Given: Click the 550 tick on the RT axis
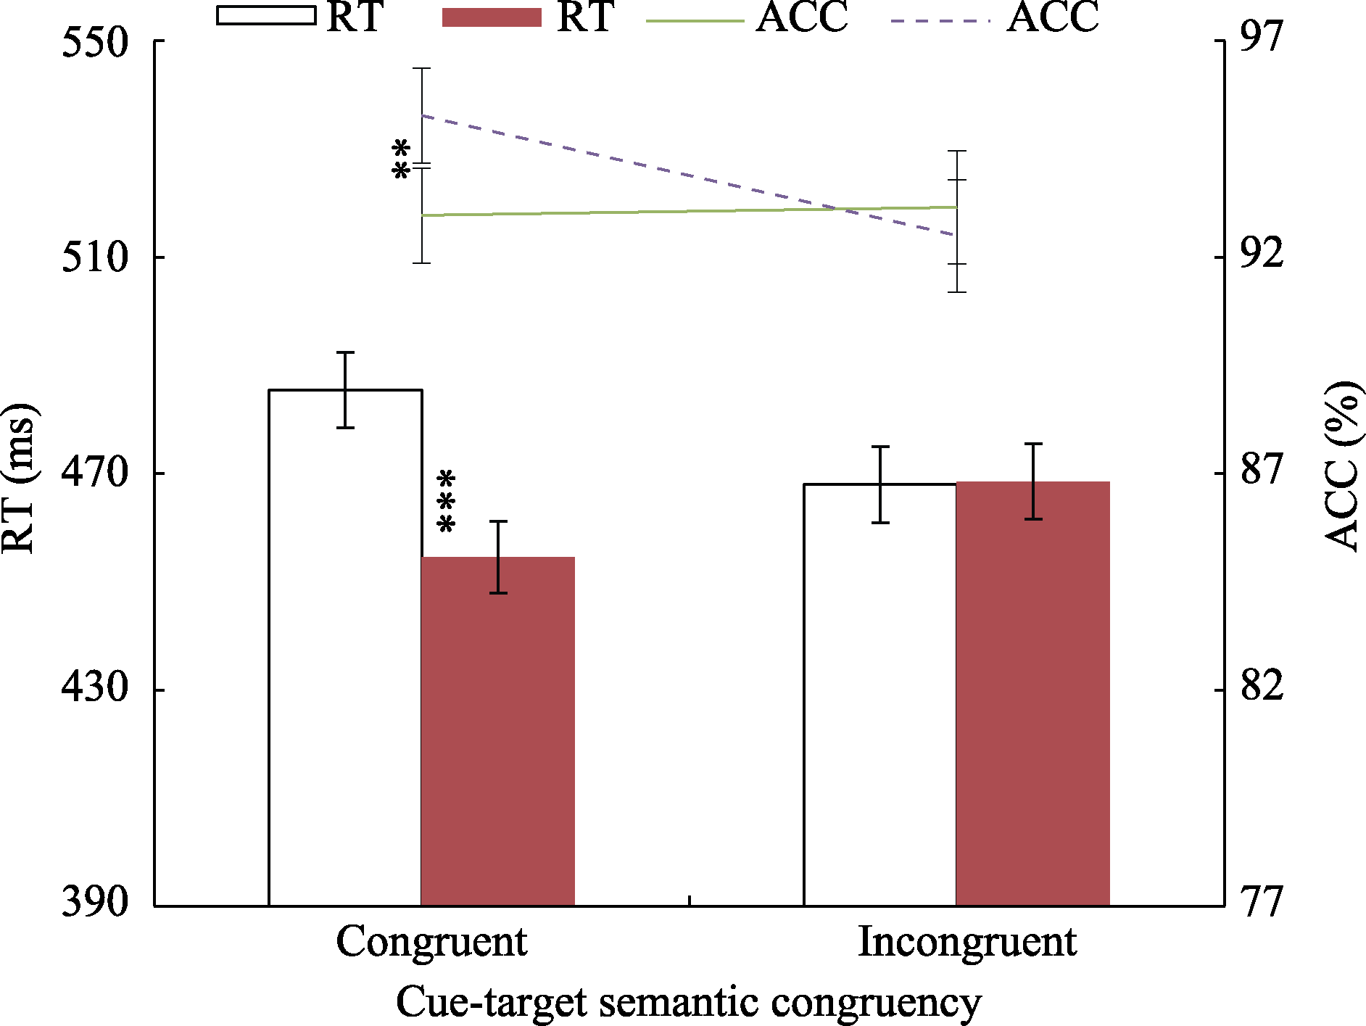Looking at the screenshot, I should (x=95, y=42).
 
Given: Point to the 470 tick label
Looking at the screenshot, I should (x=95, y=474).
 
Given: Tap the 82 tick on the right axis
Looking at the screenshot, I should (x=1262, y=686).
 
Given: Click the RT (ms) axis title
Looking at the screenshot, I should (x=19, y=476).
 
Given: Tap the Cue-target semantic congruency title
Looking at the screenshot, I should (x=688, y=1003).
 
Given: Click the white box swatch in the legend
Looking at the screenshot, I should (x=266, y=16).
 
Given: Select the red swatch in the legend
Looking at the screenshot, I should (x=492, y=17).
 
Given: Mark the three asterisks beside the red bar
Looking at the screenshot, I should (x=447, y=502).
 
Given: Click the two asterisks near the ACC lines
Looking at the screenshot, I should (x=401, y=160).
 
